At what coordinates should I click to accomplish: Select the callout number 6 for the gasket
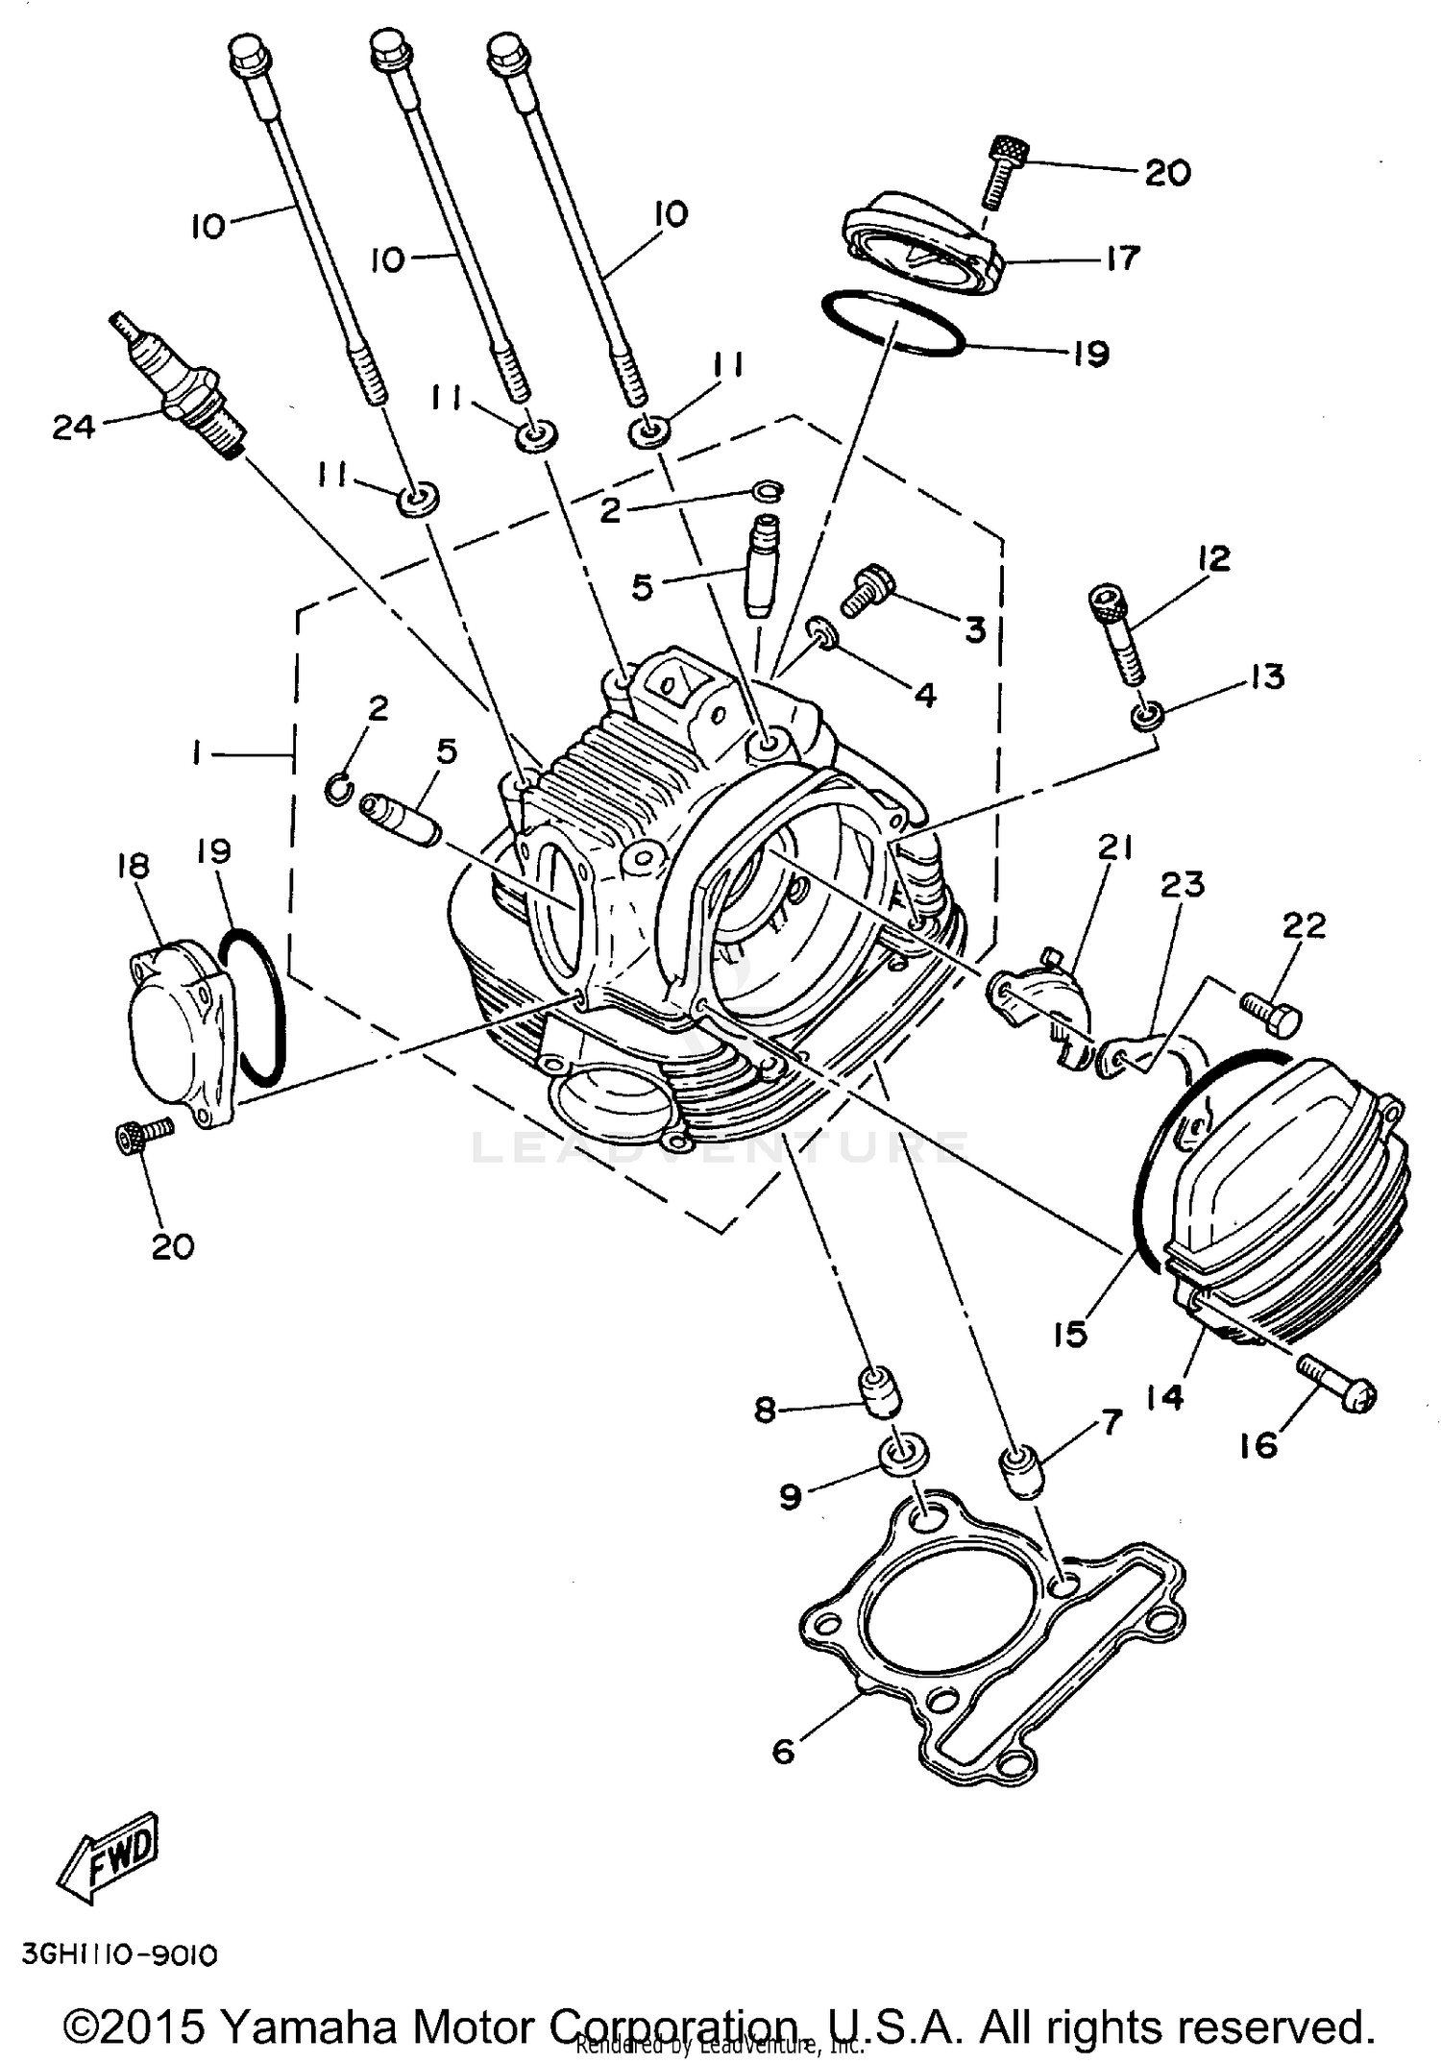click(783, 1752)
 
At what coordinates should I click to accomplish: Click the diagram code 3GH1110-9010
click(119, 1954)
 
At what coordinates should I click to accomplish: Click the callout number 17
click(1121, 258)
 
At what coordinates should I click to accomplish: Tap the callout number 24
click(73, 427)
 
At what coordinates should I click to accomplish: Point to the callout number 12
click(1213, 558)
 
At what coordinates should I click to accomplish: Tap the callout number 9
click(790, 1496)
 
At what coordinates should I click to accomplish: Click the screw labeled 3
click(867, 588)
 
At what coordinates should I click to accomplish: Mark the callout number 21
click(1115, 847)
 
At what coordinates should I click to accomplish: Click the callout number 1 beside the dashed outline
click(196, 755)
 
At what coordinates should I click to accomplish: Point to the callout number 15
click(1069, 1334)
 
